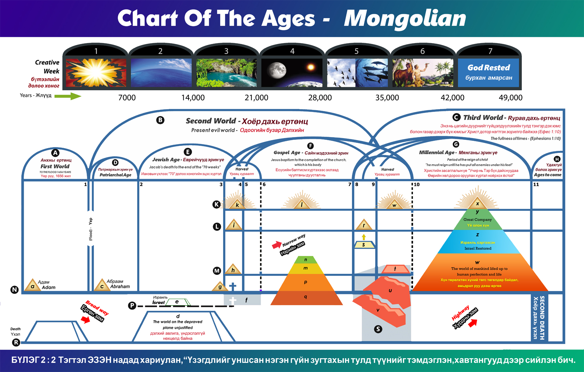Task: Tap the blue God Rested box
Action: coord(489,72)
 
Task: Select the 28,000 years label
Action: coord(320,98)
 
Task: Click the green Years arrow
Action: coord(68,96)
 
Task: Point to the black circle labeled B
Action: coord(160,120)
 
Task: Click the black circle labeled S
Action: coord(378,329)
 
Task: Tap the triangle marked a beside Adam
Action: coord(32,285)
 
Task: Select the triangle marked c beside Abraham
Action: coord(102,285)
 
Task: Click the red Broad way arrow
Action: coord(85,320)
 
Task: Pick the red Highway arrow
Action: coord(473,323)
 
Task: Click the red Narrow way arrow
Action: coord(276,245)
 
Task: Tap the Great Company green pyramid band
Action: coord(477,222)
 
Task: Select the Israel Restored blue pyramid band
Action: coord(477,245)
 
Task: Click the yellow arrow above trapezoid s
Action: coord(364,237)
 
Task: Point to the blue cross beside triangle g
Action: coord(233,286)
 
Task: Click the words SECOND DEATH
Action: coord(542,318)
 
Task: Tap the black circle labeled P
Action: coord(132,306)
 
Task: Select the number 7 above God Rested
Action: coord(490,51)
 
